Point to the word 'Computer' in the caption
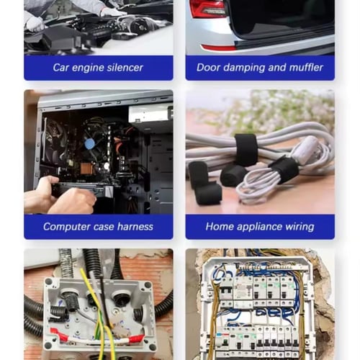67,227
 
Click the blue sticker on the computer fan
90,144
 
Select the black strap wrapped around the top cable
246,149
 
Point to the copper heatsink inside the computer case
86,168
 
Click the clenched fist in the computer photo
73,201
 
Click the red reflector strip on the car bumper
217,48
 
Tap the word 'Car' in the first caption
61,68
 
